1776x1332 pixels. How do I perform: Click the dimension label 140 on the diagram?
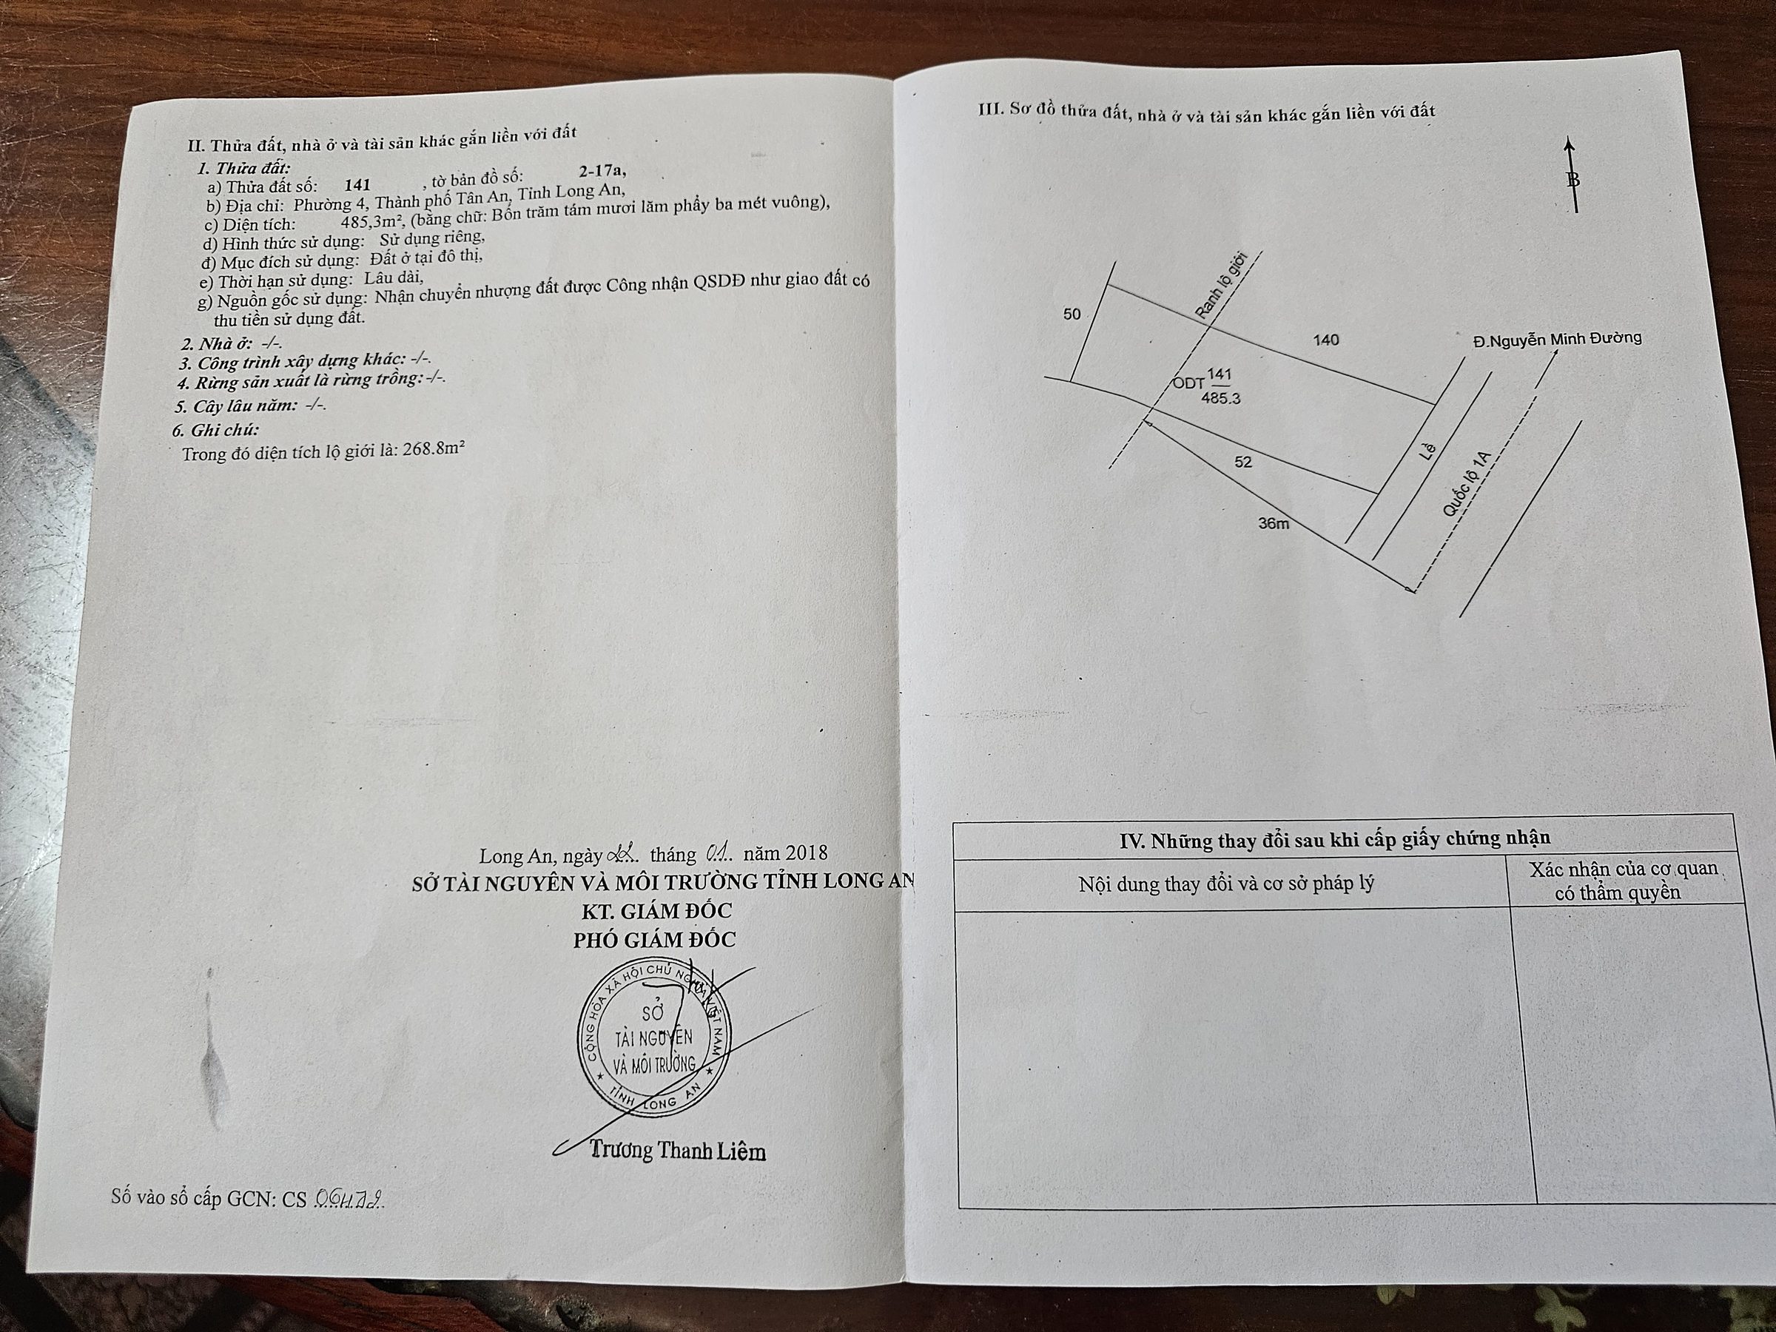[x=1325, y=340]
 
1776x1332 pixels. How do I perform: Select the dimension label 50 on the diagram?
[x=1072, y=314]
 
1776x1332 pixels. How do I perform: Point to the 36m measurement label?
[x=1274, y=523]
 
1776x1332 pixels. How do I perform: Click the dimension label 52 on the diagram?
[x=1243, y=462]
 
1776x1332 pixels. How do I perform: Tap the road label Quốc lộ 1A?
[x=1466, y=482]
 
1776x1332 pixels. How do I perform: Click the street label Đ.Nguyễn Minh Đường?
[x=1557, y=339]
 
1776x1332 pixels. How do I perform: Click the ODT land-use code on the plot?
[x=1188, y=384]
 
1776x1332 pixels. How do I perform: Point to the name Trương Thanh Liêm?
[x=678, y=1151]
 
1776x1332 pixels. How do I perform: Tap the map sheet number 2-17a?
[x=602, y=170]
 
